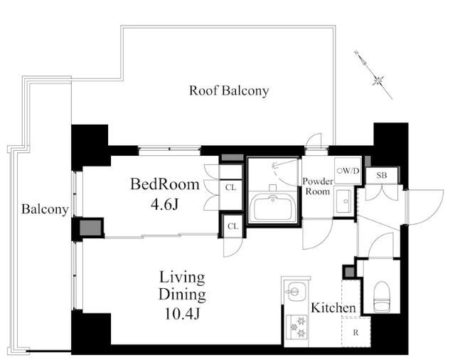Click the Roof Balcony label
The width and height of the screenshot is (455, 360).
click(x=229, y=91)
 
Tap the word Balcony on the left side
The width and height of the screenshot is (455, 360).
click(x=45, y=209)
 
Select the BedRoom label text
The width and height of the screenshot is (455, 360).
click(x=165, y=184)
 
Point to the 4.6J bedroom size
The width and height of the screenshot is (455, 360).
click(x=164, y=204)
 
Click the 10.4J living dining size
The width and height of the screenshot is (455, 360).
click(x=183, y=313)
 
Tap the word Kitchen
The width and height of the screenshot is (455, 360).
click(x=333, y=308)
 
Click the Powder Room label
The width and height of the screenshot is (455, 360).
click(x=318, y=186)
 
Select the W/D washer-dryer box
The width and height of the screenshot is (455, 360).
click(x=348, y=171)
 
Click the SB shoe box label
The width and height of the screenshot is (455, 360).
click(x=382, y=175)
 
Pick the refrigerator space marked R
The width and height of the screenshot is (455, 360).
click(x=355, y=332)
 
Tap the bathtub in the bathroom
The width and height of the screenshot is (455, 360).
click(x=273, y=208)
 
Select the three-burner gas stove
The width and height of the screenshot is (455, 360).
click(x=296, y=327)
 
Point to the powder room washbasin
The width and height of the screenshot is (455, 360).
click(x=344, y=201)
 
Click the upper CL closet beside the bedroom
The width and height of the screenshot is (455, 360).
click(x=230, y=187)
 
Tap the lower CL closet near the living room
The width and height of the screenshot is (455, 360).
click(x=232, y=226)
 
